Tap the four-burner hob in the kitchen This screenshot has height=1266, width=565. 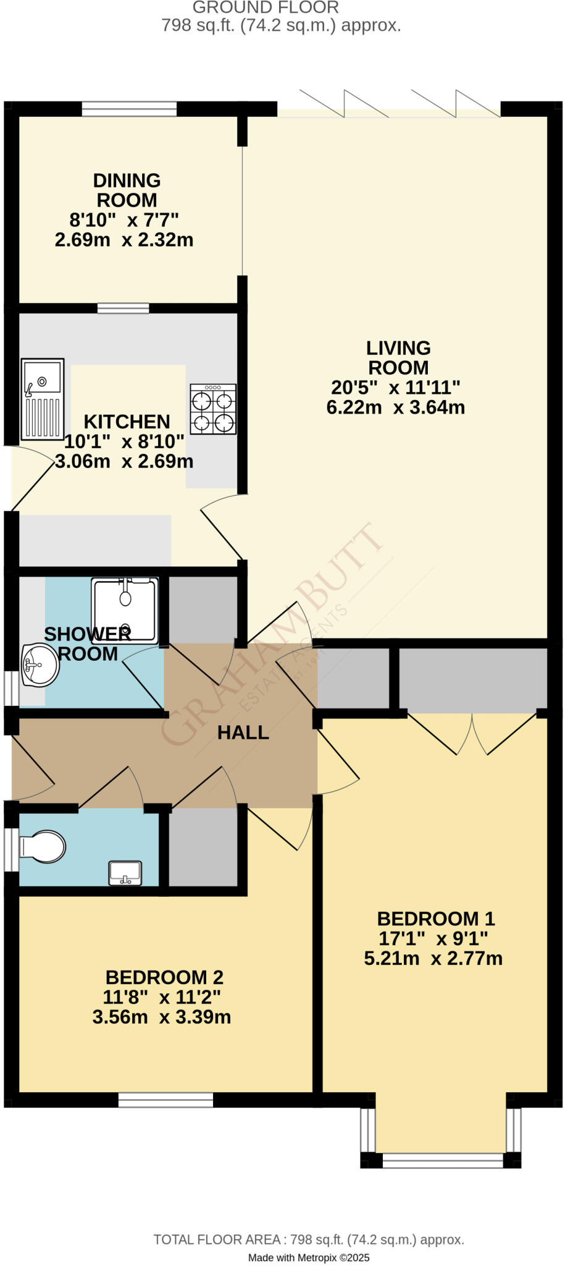[x=213, y=409]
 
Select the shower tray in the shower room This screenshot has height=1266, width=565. [x=125, y=609]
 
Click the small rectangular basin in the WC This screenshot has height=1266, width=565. [x=125, y=873]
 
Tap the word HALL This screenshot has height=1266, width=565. [x=243, y=733]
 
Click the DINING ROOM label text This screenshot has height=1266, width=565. [x=127, y=190]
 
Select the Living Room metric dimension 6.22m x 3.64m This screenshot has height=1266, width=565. [x=395, y=407]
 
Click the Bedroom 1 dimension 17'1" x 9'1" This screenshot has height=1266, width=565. [x=433, y=938]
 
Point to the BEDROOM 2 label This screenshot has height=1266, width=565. [x=164, y=977]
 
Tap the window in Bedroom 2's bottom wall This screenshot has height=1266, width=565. [x=165, y=1100]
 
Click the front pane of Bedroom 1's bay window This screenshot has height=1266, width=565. [x=443, y=1160]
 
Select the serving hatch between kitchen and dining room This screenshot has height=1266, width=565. [x=123, y=308]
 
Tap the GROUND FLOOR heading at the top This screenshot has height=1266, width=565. [x=266, y=8]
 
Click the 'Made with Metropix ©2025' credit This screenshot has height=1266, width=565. [x=309, y=1257]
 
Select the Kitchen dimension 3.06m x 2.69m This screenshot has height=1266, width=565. [x=124, y=461]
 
